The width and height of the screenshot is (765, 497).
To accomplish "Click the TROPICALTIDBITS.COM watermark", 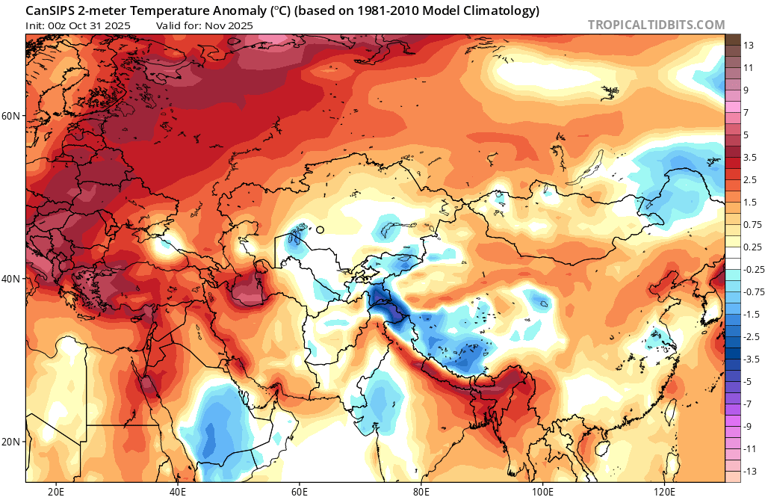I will pyautogui.click(x=656, y=25).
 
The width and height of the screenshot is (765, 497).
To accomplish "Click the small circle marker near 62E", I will pyautogui.click(x=320, y=230).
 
